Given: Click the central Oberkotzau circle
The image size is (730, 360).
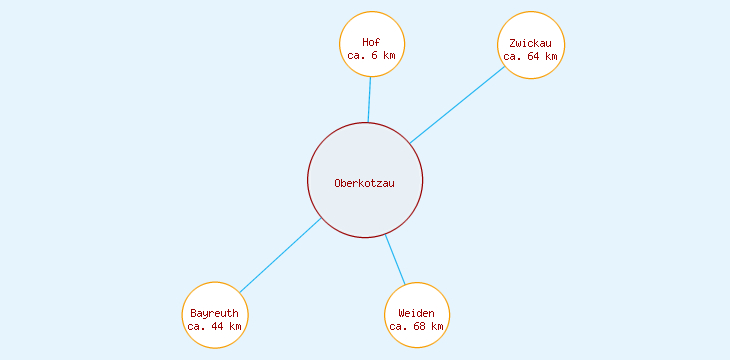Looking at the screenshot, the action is (x=365, y=205).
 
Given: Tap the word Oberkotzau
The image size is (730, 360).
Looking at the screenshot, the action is (x=365, y=182).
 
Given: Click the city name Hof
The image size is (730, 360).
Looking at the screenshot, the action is (x=372, y=42).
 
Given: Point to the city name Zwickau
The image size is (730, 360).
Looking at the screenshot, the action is (x=530, y=43).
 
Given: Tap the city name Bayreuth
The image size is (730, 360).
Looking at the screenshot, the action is (x=215, y=313).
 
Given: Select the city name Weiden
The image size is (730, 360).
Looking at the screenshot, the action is (x=417, y=313).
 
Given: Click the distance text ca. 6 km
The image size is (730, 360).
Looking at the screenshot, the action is (x=372, y=56).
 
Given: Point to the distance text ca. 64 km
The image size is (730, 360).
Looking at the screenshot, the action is (x=530, y=57).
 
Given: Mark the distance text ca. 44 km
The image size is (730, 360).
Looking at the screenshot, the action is (x=215, y=327).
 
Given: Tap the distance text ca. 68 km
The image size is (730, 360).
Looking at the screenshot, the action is (x=417, y=327).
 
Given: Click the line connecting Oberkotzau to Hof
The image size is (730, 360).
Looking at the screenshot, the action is (x=369, y=100).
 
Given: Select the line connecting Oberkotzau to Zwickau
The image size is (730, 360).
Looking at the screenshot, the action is (x=457, y=104).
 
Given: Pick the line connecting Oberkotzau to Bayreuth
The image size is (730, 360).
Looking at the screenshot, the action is (x=280, y=255).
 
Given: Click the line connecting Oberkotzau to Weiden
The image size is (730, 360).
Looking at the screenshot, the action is (x=396, y=260).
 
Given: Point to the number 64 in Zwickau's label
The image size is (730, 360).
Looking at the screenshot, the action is (x=534, y=57).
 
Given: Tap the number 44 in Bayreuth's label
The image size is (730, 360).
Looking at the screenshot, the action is (x=218, y=327).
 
